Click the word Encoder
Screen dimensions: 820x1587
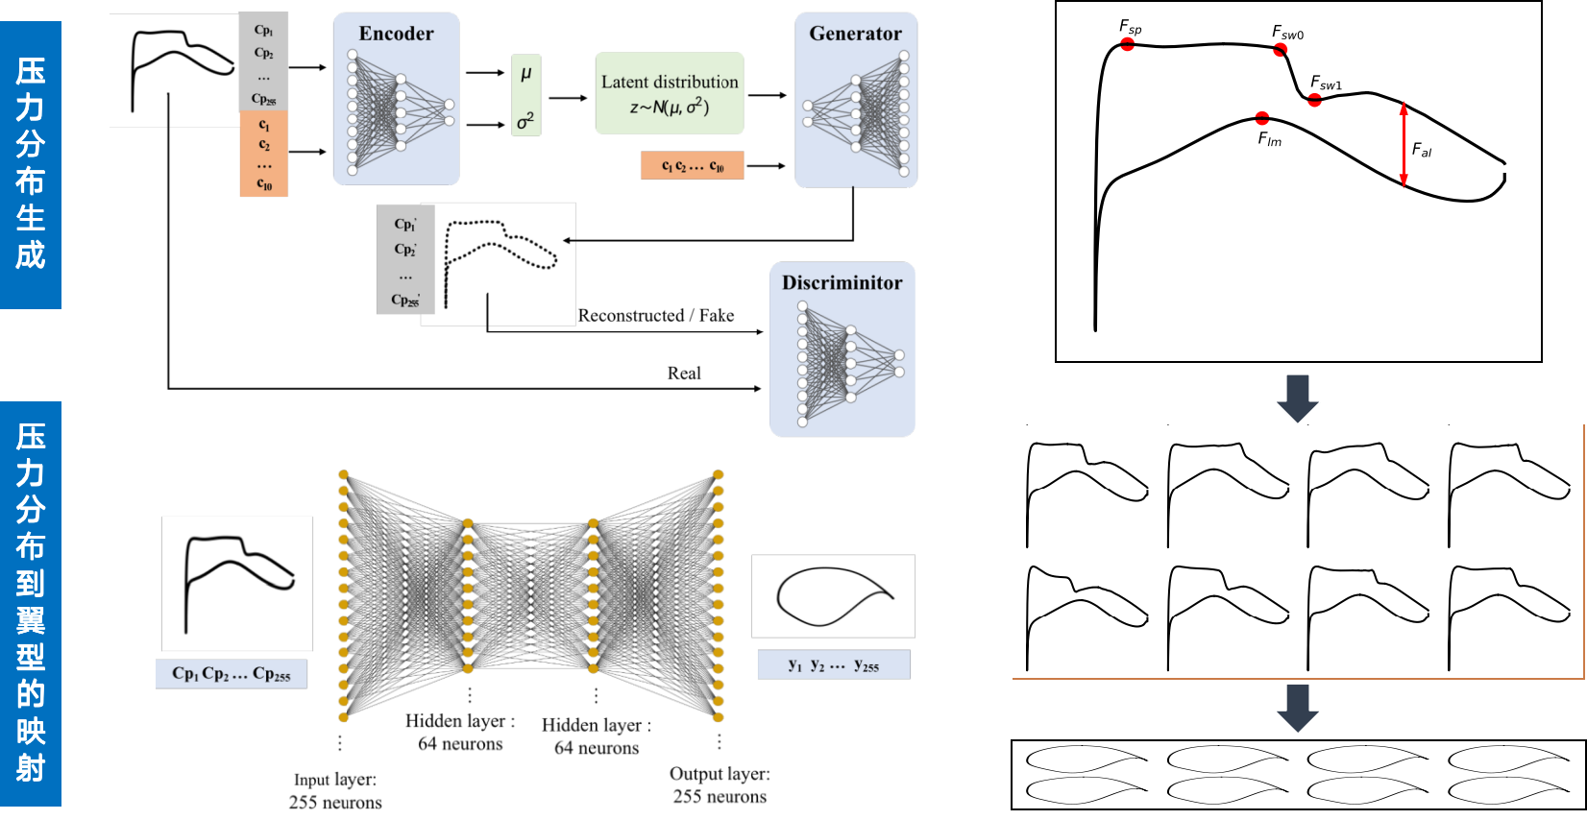[396, 34]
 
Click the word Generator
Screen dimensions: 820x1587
[855, 34]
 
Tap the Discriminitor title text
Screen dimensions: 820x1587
[842, 282]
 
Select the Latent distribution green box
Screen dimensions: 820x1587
[670, 93]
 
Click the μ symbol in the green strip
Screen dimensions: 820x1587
[526, 73]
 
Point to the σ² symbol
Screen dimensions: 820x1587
[525, 120]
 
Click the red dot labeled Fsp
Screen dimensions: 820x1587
[1127, 44]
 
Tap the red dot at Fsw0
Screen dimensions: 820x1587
[1280, 50]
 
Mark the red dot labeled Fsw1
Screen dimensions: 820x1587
[1314, 100]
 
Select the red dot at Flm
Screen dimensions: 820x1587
[1261, 118]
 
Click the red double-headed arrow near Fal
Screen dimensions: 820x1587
[1404, 144]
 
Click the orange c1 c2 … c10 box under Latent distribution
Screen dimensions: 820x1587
[693, 166]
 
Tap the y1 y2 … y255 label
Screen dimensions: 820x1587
[833, 664]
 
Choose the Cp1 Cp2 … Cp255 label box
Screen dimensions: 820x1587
[232, 674]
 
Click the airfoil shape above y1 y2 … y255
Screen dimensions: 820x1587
[834, 596]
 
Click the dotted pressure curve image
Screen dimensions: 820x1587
[499, 263]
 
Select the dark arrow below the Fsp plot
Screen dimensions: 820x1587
[1297, 398]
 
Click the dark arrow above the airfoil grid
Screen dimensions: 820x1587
[1297, 709]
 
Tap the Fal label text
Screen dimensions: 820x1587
[1422, 150]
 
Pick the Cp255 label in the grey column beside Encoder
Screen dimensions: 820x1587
[263, 99]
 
